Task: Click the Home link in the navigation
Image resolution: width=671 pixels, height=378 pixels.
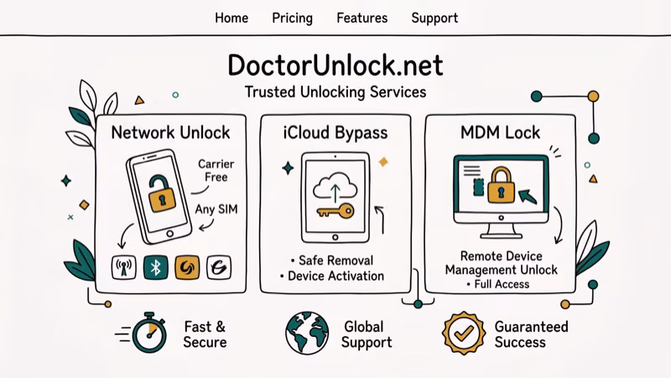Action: click(231, 18)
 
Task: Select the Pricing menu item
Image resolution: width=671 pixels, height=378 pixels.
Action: click(292, 18)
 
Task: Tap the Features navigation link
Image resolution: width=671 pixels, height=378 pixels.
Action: click(362, 18)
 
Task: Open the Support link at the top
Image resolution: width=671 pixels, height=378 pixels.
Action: click(434, 18)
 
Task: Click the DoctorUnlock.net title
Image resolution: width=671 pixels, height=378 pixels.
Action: click(335, 66)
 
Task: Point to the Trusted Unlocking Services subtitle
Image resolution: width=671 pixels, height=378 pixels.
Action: click(335, 92)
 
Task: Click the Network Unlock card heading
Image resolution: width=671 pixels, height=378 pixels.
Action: click(170, 132)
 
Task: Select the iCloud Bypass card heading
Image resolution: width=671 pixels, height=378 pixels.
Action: click(335, 132)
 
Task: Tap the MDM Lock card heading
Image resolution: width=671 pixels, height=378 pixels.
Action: click(500, 132)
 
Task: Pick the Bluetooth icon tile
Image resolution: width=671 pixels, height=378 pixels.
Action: click(156, 267)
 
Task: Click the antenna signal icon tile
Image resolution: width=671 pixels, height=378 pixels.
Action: click(124, 267)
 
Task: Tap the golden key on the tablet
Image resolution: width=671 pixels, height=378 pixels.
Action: click(334, 211)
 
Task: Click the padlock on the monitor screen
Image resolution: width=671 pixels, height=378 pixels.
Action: click(501, 186)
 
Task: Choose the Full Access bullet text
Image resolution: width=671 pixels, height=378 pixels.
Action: click(500, 284)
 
